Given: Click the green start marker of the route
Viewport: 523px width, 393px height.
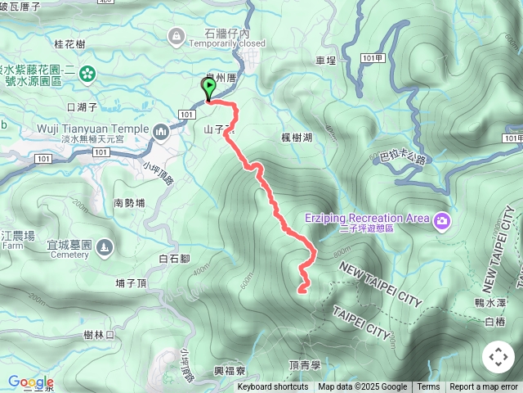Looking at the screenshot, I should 208,88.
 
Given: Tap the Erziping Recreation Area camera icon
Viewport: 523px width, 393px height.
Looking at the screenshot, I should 442,220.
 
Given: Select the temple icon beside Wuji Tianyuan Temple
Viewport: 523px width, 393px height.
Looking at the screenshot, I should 161,129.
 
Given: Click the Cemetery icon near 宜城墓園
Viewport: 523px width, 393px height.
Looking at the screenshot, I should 104,246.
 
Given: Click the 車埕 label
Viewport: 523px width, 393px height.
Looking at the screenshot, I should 326,60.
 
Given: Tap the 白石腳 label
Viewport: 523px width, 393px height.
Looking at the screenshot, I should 175,259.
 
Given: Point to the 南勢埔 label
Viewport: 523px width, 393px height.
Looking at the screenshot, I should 130,203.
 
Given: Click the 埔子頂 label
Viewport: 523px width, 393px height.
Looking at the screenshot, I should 132,283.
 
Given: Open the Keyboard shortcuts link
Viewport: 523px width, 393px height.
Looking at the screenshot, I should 273,387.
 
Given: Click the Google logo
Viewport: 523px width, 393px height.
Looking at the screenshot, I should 31,382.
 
